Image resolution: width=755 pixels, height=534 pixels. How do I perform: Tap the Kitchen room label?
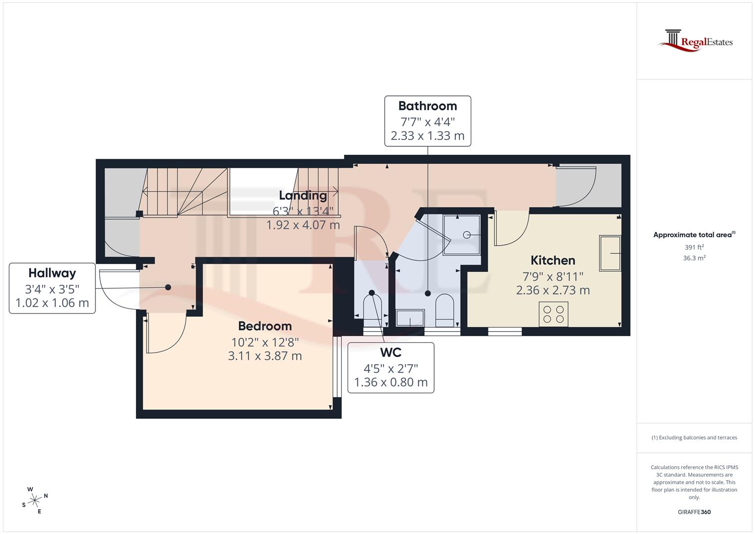coord(553,260)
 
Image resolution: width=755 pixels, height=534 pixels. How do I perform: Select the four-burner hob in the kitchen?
coord(553,314)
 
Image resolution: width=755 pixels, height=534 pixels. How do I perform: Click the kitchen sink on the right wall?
coord(610,253)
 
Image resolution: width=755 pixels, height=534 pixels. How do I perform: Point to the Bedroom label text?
coord(265,326)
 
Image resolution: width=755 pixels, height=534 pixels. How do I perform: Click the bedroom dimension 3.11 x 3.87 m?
coord(265,356)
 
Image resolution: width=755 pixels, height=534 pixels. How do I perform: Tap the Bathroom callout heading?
coord(427,106)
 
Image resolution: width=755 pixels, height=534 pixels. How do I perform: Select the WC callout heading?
coord(390,353)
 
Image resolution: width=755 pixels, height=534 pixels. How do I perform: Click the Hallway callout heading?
coord(52,273)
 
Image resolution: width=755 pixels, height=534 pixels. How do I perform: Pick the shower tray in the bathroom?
coord(461,234)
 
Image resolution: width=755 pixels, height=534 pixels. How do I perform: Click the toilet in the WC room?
coord(372,308)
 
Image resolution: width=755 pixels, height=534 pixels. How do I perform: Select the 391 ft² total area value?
coord(694,247)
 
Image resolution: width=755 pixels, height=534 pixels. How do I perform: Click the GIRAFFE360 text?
coord(694,512)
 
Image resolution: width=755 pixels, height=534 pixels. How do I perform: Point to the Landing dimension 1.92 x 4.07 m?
coord(303,225)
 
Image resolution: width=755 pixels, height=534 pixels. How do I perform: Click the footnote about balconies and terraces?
coord(694,438)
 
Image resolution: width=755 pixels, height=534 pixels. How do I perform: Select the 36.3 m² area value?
coord(694,258)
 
